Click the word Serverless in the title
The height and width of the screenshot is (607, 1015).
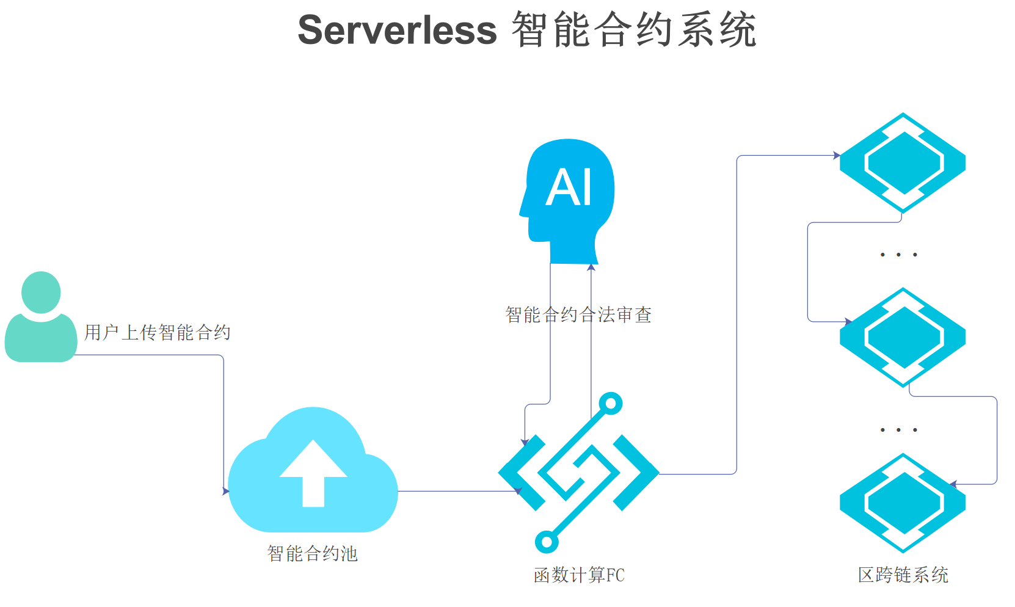point(397,31)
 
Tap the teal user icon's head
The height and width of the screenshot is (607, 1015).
point(41,292)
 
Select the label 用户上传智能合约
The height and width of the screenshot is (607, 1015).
point(157,332)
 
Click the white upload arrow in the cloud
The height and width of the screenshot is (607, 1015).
point(313,473)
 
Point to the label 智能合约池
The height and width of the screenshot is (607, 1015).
point(312,553)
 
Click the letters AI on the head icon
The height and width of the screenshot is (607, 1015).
point(569,187)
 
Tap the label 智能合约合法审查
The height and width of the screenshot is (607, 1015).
point(578,314)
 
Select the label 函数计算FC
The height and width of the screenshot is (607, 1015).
point(579,575)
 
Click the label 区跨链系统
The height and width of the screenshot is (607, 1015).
point(903,575)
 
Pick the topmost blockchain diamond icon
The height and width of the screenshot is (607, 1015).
point(903,162)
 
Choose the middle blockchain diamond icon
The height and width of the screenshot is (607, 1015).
point(903,336)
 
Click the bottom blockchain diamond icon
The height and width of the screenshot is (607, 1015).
point(903,503)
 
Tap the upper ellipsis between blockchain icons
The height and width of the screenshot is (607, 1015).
point(898,255)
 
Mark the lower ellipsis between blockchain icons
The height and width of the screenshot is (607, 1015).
point(898,430)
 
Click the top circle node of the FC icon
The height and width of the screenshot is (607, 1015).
point(610,403)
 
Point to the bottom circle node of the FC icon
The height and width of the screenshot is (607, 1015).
point(547,542)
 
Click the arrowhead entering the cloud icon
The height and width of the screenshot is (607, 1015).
point(226,491)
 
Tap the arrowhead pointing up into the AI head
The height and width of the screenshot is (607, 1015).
point(591,267)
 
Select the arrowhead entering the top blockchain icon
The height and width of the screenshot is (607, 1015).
point(837,155)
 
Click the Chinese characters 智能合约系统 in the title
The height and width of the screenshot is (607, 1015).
point(634,31)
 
